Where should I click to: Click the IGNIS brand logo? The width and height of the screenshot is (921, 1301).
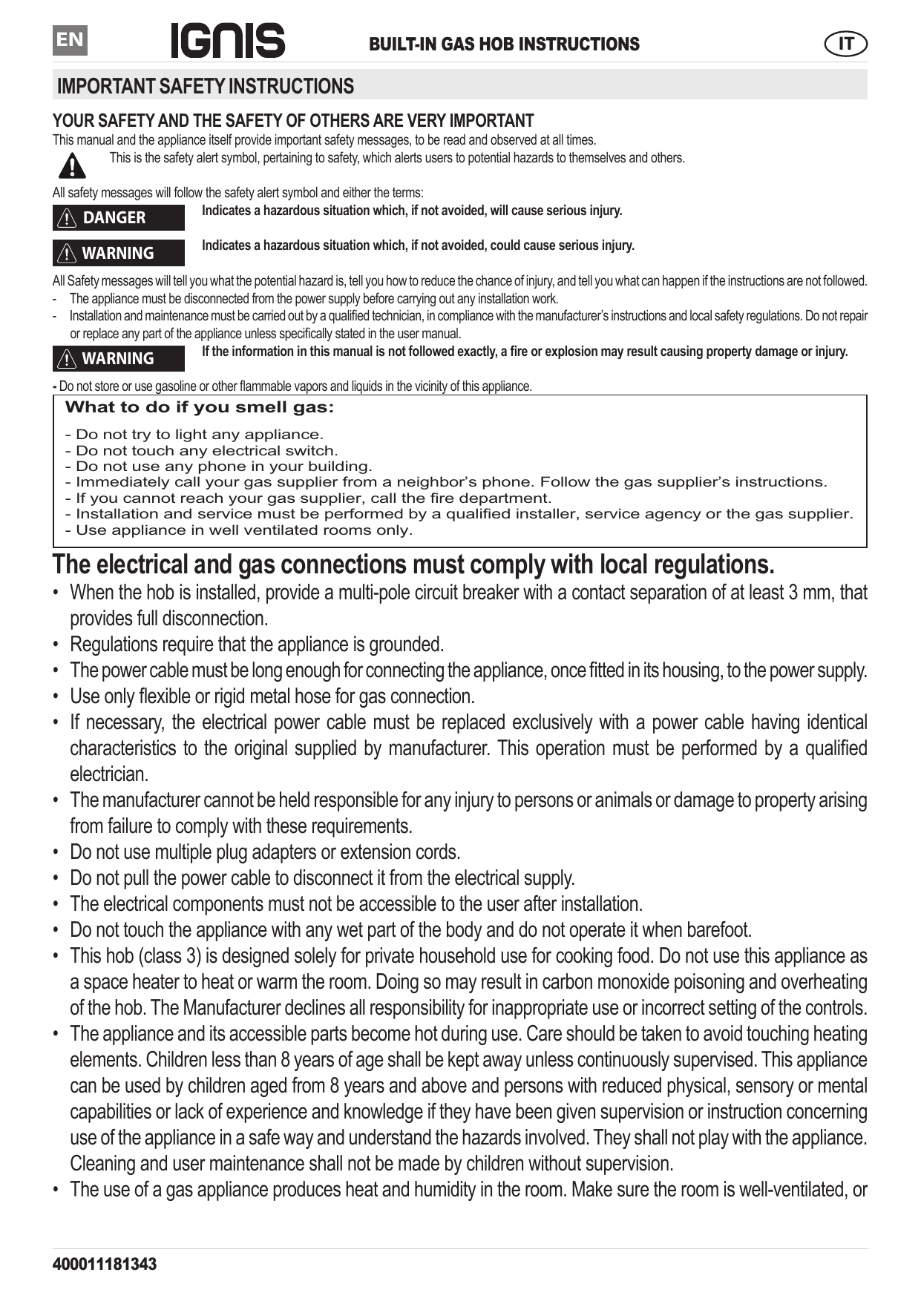tap(228, 41)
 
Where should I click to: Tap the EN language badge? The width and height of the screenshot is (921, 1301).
tap(70, 40)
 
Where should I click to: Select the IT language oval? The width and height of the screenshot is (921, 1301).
tap(845, 44)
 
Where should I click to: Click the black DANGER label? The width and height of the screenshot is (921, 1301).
tap(119, 218)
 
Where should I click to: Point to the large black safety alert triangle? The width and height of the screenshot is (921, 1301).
tap(72, 165)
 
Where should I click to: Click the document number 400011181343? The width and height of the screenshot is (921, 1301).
tap(105, 1264)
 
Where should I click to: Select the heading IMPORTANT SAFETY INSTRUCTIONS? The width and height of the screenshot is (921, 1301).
tap(206, 87)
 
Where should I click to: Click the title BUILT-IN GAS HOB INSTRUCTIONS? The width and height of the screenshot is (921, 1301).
tap(504, 45)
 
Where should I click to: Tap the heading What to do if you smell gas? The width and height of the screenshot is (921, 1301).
tap(200, 407)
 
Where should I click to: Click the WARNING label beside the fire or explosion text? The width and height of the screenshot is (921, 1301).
tap(119, 359)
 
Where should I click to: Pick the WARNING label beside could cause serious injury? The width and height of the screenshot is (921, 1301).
tap(119, 254)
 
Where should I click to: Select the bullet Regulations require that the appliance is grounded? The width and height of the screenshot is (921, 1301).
tap(257, 645)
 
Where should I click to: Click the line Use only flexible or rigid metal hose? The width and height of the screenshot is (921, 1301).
tap(272, 696)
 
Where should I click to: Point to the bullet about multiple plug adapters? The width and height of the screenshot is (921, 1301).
tap(265, 852)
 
